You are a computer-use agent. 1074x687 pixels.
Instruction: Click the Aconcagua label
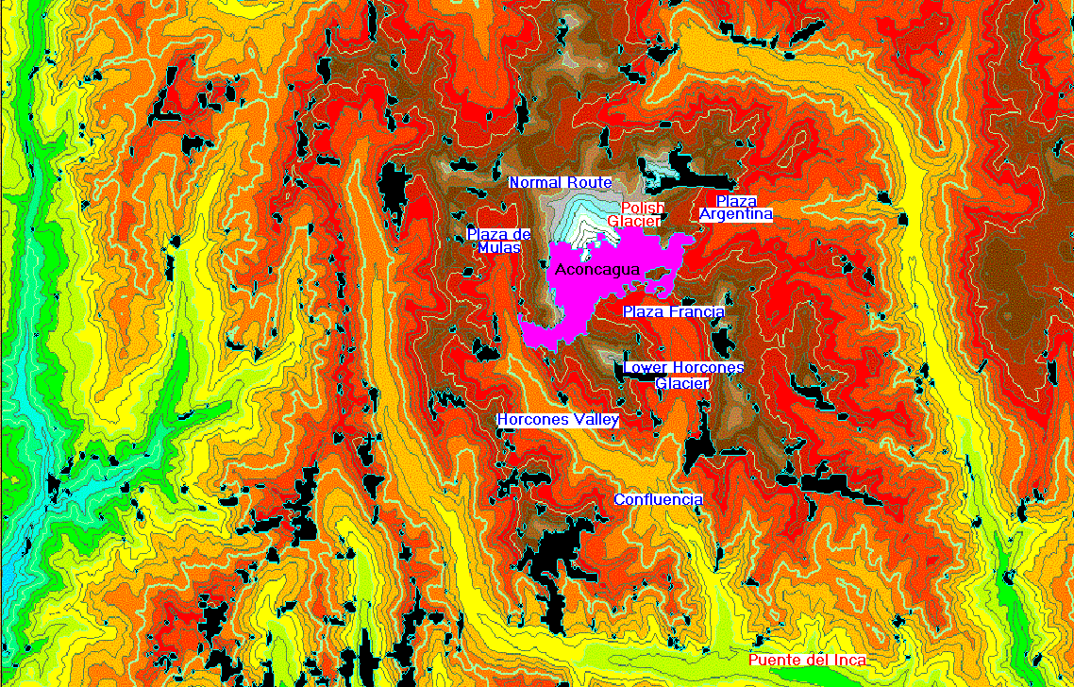click(x=598, y=270)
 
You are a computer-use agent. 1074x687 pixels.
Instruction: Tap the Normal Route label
click(x=561, y=182)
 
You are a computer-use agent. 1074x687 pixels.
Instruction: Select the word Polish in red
click(x=643, y=208)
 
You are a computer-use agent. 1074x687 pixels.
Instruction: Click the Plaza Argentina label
click(x=736, y=208)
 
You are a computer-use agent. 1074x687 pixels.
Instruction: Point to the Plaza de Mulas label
click(x=499, y=240)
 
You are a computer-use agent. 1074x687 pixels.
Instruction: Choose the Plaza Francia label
click(x=674, y=311)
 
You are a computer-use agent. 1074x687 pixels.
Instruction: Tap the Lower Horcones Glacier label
click(x=683, y=375)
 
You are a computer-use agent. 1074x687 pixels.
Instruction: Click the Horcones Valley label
click(x=558, y=419)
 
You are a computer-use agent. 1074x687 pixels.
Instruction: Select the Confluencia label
click(x=659, y=499)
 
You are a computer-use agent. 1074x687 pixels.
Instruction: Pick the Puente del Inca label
click(x=807, y=660)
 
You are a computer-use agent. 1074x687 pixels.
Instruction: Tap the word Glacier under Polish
click(x=633, y=221)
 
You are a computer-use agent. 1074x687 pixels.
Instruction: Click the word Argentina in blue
click(x=736, y=214)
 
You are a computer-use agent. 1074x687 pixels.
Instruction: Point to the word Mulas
click(x=498, y=247)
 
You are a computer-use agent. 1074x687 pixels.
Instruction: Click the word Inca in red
click(x=849, y=660)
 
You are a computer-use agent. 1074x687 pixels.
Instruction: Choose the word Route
click(x=590, y=182)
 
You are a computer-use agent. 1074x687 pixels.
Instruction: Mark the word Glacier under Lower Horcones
click(x=682, y=383)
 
